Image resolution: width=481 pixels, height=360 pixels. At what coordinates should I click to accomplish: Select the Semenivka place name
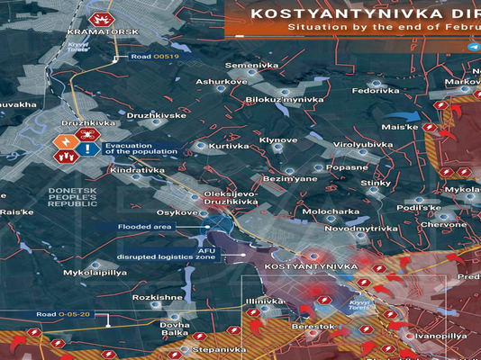(x=251, y=66)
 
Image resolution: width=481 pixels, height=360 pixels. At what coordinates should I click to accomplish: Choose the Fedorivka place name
(x=376, y=91)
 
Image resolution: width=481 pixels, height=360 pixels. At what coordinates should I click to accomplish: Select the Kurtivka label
(x=229, y=146)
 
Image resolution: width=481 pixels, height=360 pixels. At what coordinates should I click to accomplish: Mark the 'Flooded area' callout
(x=143, y=227)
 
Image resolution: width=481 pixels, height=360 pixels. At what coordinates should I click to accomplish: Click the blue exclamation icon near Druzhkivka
(x=88, y=149)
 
